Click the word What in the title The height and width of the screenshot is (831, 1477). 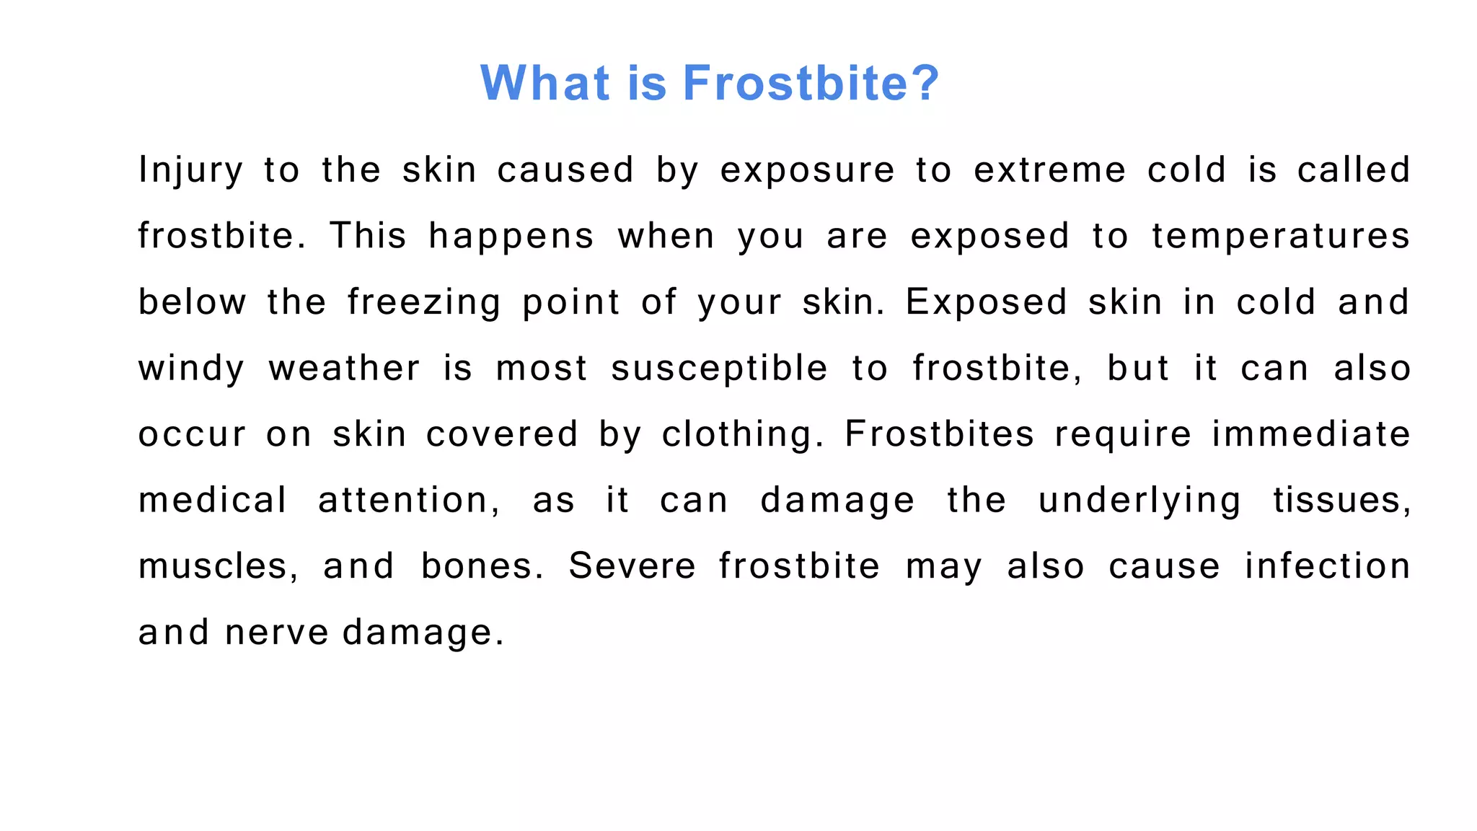coord(545,83)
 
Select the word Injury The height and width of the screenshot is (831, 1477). coord(190,171)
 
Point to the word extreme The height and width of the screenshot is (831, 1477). coord(1049,171)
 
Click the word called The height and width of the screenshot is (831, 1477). coord(1354,171)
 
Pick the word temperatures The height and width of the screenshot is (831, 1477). coord(1281,237)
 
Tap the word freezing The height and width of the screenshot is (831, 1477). coord(424,303)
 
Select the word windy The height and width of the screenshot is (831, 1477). coord(191,369)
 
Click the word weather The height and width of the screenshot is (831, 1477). coord(345,369)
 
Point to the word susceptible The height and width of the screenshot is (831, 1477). coord(719,369)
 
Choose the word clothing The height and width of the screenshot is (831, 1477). coord(742,435)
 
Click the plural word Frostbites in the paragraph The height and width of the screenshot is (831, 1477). coord(940,434)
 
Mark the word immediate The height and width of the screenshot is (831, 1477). coord(1311,434)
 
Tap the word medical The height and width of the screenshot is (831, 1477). coord(213,501)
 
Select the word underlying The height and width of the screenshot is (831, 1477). coord(1140,501)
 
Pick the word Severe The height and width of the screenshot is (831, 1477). coord(632,566)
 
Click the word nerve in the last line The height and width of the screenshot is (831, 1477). coord(277,633)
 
